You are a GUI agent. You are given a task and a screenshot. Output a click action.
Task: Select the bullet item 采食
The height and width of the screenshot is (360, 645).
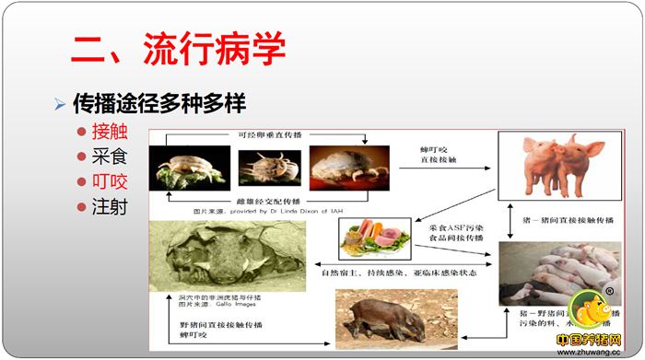[x=108, y=156]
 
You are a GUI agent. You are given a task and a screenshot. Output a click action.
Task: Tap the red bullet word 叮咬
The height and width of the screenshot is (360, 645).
[x=108, y=181]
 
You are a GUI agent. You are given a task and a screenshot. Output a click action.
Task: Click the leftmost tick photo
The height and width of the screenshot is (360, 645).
[x=192, y=169]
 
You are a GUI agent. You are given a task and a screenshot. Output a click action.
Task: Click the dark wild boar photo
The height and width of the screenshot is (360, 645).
[x=383, y=316]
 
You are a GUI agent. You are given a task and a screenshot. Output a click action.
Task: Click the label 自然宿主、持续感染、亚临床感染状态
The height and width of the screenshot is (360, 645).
[x=386, y=273]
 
